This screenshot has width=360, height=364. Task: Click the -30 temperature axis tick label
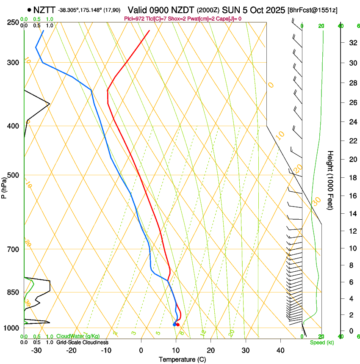[x=36, y=350]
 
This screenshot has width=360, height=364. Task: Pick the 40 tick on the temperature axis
[x=280, y=350]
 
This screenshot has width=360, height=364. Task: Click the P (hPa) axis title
[x=4, y=187]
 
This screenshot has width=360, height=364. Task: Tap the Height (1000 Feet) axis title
[x=330, y=180]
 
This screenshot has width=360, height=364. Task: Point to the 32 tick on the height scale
[x=351, y=43]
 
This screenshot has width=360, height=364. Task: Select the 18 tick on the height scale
[x=351, y=178]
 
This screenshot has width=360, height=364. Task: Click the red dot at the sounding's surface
[x=178, y=325]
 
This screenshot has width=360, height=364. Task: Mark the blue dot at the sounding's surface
[x=174, y=325]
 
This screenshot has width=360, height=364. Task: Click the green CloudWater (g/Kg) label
[x=75, y=336]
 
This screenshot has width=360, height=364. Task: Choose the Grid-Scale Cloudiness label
[x=82, y=342]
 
